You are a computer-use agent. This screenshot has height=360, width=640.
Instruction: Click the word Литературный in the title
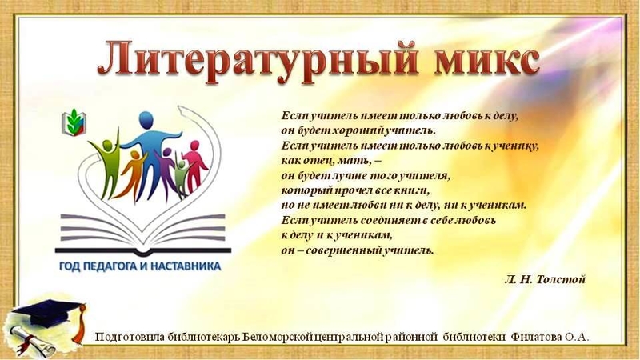pos(258,62)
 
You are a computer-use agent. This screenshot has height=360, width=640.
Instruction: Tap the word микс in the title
pos(486,62)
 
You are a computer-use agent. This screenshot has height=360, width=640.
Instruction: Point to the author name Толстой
pos(561,279)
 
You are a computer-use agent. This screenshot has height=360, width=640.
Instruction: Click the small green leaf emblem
pos(74,122)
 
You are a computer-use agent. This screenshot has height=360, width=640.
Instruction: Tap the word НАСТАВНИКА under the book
pos(186,266)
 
